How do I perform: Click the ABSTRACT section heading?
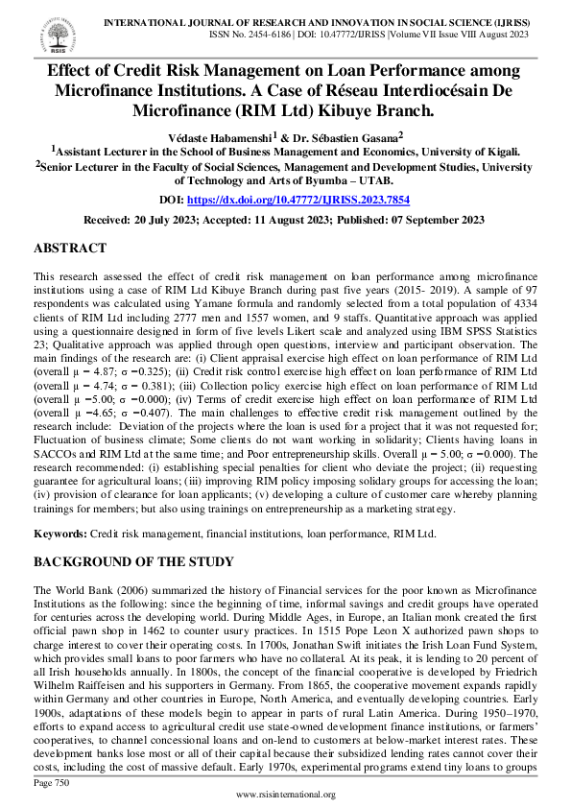click(x=70, y=249)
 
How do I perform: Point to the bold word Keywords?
click(x=59, y=532)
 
